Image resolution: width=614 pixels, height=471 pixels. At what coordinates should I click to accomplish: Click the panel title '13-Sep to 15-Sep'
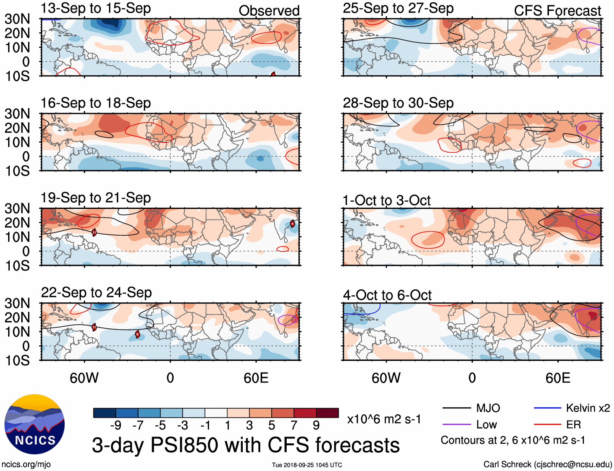(96, 8)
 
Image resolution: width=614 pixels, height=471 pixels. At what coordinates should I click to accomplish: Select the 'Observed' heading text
(269, 11)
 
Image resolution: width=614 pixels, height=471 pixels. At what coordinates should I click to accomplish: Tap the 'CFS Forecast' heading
(557, 11)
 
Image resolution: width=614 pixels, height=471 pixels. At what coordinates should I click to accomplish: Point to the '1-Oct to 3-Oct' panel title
(386, 200)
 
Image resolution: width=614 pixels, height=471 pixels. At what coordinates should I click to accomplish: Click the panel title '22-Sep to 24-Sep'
(96, 293)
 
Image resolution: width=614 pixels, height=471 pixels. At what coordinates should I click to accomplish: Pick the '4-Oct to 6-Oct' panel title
(387, 295)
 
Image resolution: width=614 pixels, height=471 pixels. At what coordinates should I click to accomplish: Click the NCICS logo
(35, 424)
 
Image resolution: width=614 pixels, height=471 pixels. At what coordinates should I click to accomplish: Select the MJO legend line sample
(456, 408)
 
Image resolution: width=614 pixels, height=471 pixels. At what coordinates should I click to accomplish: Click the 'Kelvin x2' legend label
(588, 408)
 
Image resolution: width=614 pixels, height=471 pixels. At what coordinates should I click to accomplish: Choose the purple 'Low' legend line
(456, 425)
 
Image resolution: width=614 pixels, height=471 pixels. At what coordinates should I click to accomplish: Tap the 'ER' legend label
(573, 425)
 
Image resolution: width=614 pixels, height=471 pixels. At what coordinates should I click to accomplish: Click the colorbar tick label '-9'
(115, 425)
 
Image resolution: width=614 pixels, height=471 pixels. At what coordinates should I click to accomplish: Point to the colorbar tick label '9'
(316, 425)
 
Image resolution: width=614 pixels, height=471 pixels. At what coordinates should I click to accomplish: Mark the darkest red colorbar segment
(327, 413)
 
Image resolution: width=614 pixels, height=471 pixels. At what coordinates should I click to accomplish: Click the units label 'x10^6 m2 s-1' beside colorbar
(384, 419)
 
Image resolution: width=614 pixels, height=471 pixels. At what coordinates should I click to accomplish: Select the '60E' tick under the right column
(557, 378)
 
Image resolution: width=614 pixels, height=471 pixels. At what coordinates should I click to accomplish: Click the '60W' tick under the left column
(84, 378)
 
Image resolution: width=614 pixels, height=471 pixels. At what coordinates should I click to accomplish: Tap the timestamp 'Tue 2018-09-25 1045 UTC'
(307, 465)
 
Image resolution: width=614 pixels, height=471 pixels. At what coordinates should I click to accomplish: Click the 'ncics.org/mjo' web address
(26, 464)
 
